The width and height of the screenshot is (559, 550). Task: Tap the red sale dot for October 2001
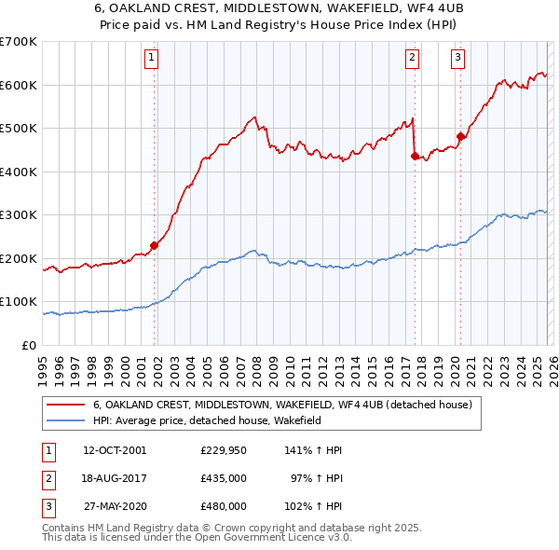click(x=155, y=246)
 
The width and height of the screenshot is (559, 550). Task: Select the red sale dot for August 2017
click(x=415, y=157)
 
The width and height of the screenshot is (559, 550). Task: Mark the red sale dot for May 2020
click(x=460, y=137)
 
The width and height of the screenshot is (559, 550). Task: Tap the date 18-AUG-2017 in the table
click(x=116, y=478)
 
